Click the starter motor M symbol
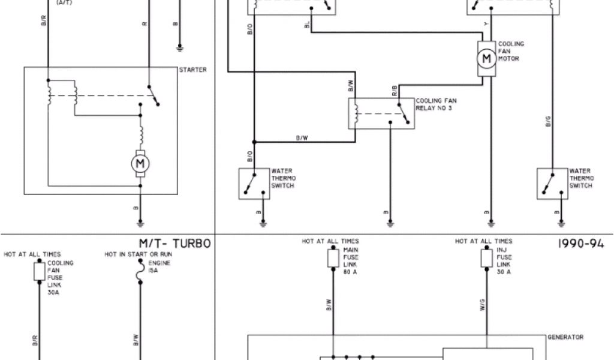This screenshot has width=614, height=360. tap(140, 163)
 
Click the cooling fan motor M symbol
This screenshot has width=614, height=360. tap(487, 58)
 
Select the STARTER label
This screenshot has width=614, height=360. tap(192, 70)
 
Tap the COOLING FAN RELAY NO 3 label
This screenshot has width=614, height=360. tap(435, 104)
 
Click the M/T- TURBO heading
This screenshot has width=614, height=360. tap(174, 244)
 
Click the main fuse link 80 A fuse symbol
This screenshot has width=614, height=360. tap(333, 259)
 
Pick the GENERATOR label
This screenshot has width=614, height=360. tap(565, 337)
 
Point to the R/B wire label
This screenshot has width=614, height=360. tap(395, 91)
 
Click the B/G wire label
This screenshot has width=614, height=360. tap(547, 122)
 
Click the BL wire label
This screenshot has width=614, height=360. tap(307, 24)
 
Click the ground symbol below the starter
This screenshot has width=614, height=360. tap(140, 223)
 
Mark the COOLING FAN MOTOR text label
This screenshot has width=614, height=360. tap(511, 52)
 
